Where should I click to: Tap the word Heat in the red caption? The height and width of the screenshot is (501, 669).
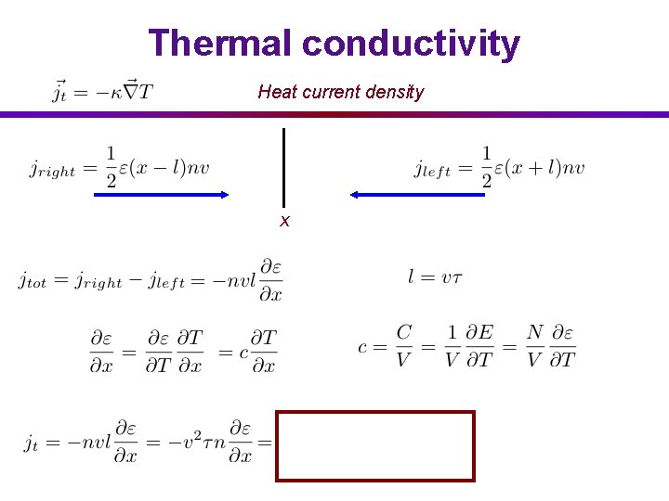[x=275, y=92]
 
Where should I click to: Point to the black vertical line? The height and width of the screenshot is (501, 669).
[x=283, y=167]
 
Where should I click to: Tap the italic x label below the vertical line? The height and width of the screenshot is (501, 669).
[x=285, y=221]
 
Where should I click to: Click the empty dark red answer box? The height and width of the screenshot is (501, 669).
[x=375, y=446]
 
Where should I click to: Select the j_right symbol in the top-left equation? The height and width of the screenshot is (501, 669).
[x=51, y=170]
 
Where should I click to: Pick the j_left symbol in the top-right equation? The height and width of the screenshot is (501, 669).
[x=432, y=170]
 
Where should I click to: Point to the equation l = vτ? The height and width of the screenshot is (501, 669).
[x=434, y=276]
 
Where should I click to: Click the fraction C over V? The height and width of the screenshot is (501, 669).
[x=403, y=346]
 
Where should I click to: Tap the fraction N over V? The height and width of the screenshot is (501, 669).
[x=535, y=346]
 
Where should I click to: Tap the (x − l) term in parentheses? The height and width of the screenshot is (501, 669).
[x=158, y=168]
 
